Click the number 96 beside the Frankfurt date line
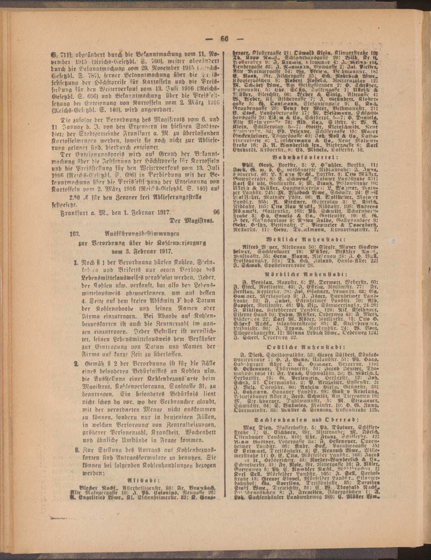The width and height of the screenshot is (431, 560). click(x=216, y=212)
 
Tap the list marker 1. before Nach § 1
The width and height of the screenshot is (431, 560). click(x=75, y=262)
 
